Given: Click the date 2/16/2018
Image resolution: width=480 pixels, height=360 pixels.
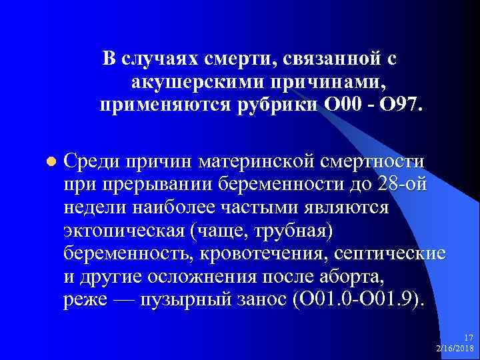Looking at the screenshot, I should (454, 348).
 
